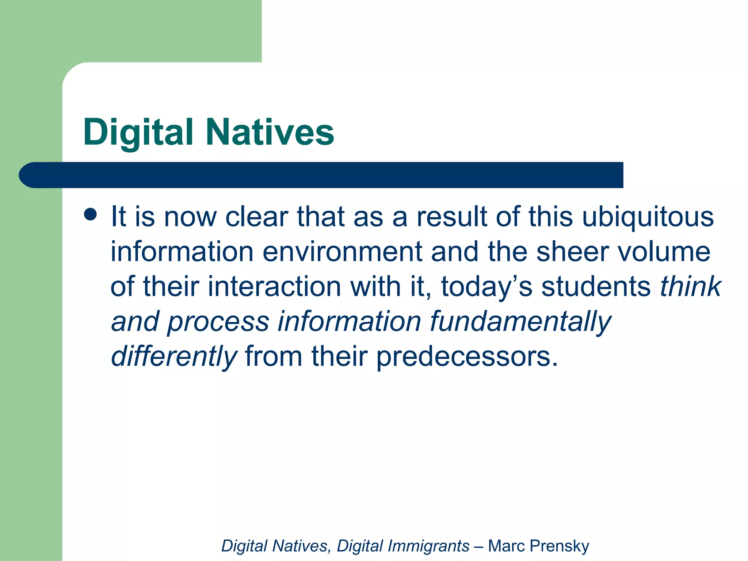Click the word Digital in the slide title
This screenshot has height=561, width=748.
click(x=138, y=132)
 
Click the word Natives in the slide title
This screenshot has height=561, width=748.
click(x=270, y=132)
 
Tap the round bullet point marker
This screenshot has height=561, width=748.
click(x=90, y=214)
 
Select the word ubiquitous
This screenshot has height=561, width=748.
click(x=648, y=217)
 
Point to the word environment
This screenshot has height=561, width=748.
click(x=342, y=252)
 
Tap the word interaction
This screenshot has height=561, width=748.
click(x=274, y=287)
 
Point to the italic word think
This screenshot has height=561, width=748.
click(x=690, y=287)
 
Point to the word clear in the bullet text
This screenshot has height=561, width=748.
click(x=256, y=217)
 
